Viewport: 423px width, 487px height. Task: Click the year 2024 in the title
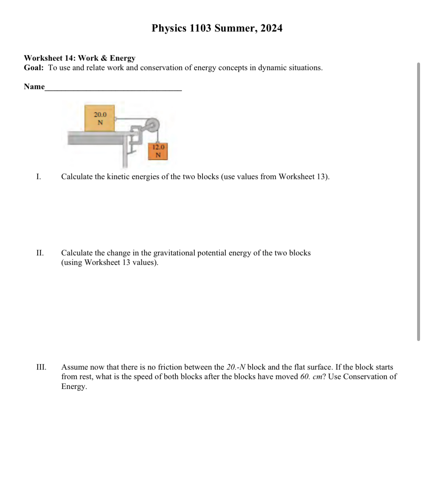click(271, 28)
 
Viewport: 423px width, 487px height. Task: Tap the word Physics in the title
click(169, 28)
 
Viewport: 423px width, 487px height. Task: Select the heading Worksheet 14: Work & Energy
click(79, 58)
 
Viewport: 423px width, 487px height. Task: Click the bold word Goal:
click(34, 68)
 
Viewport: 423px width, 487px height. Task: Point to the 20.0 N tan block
click(100, 118)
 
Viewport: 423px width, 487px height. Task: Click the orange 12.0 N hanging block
click(158, 151)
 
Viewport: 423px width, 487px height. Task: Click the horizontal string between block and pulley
click(130, 119)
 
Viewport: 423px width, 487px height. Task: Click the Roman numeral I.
click(39, 177)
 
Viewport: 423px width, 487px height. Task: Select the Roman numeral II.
click(40, 253)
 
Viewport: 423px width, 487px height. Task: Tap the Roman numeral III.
click(41, 367)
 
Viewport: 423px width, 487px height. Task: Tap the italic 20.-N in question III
click(236, 367)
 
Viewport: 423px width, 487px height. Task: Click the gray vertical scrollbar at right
click(418, 201)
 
